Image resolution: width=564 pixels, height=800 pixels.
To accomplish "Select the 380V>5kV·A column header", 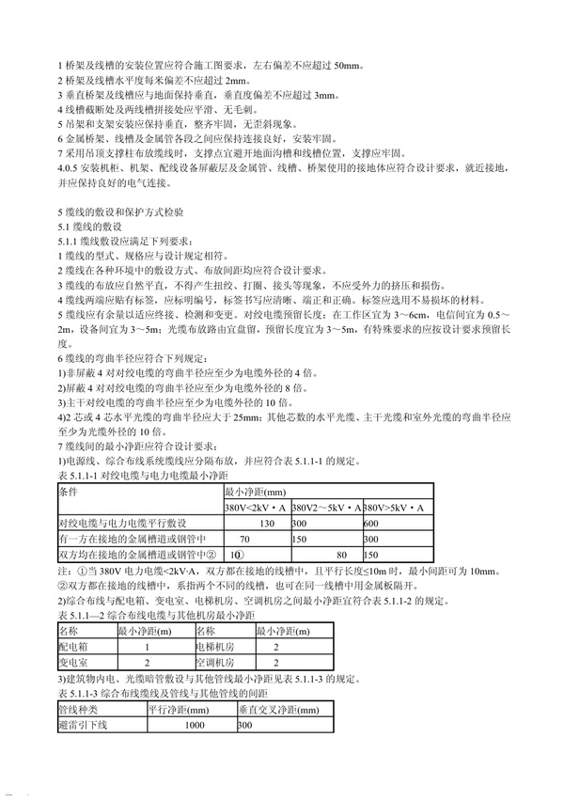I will pos(397,507).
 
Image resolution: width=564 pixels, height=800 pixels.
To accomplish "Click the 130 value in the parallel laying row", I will pos(267,523).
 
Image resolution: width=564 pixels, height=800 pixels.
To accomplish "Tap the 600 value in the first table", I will pos(371,523).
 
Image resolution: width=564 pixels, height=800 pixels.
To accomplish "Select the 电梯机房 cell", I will pos(213,648).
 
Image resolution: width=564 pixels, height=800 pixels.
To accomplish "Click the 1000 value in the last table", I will pos(196,725).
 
